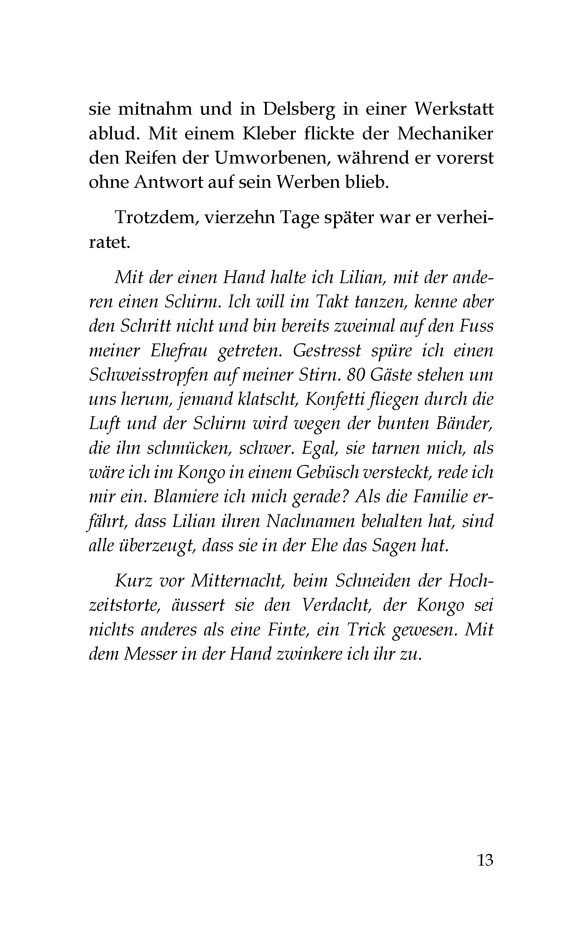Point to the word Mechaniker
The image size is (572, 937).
click(445, 134)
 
